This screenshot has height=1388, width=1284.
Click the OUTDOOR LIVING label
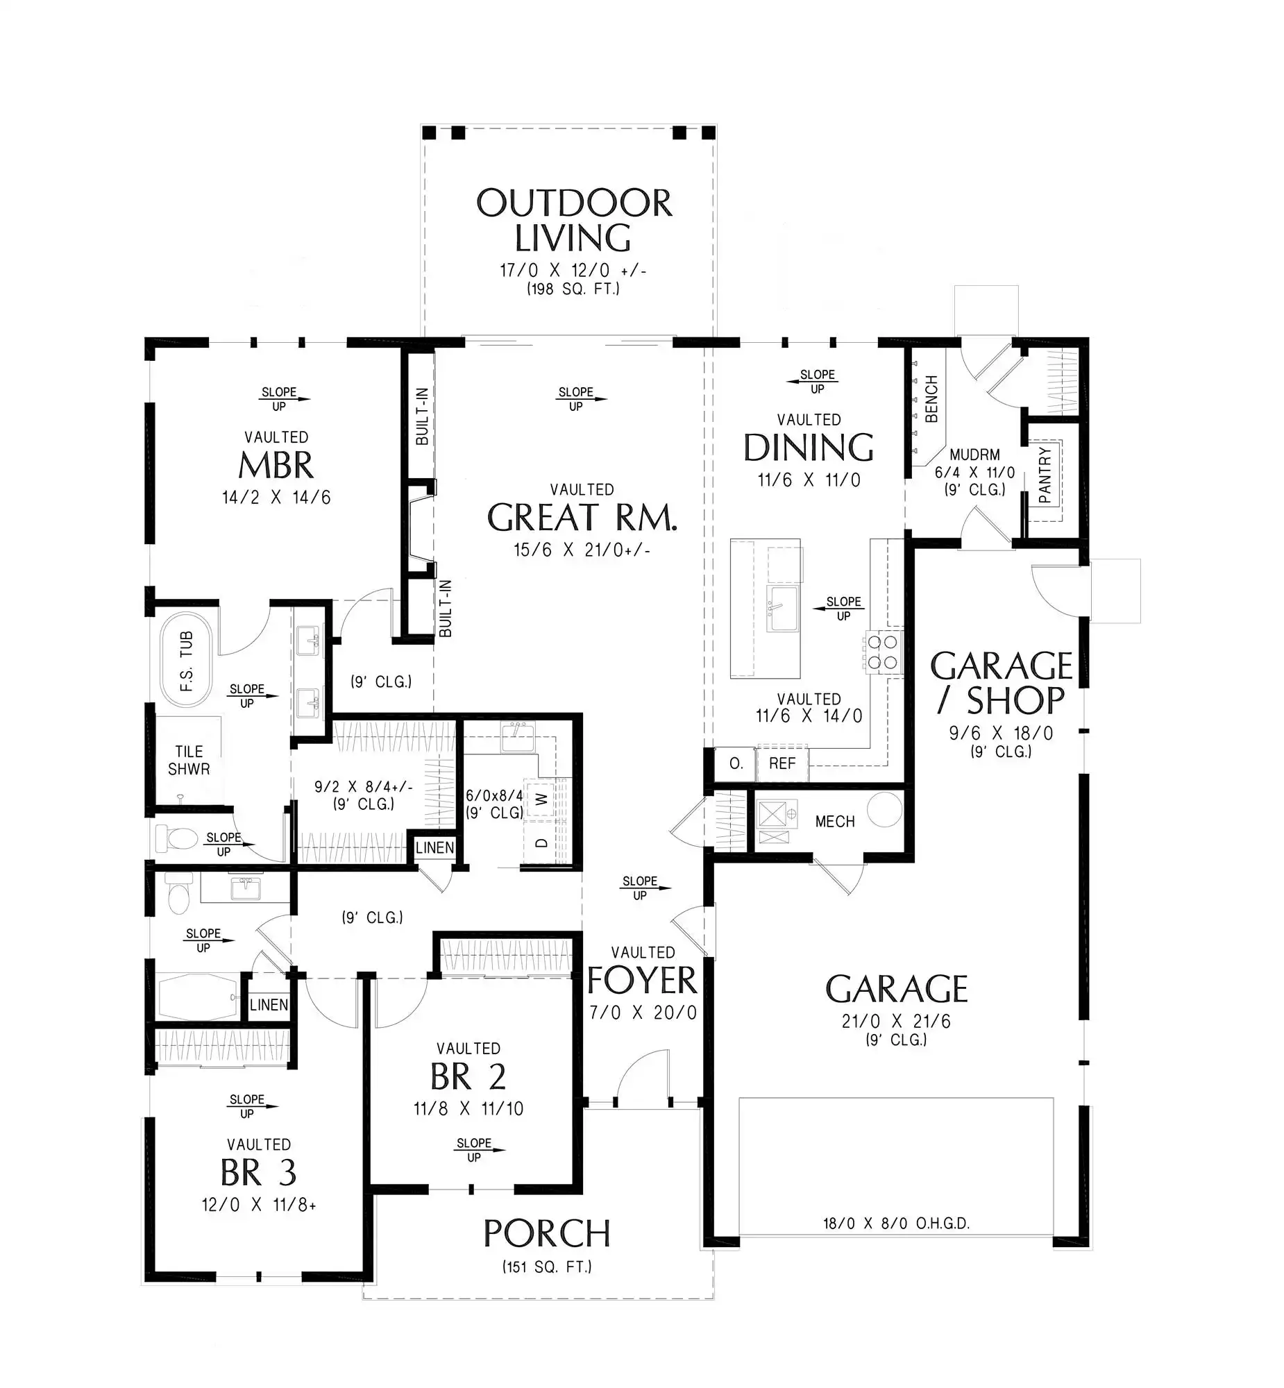tap(574, 220)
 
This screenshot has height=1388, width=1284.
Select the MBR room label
tap(276, 466)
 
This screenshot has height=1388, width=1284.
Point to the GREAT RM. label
tap(582, 517)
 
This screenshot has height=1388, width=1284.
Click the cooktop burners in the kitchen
tap(882, 652)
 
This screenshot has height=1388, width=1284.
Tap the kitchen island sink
tap(782, 608)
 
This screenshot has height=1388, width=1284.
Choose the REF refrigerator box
tap(782, 763)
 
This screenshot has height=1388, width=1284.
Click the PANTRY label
tap(1045, 475)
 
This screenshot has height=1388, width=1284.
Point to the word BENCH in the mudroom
tap(931, 399)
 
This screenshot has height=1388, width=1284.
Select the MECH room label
tap(834, 822)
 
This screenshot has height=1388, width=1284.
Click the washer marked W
tap(542, 799)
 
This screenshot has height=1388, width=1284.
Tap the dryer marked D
tap(542, 843)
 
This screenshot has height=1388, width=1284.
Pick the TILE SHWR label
tap(189, 760)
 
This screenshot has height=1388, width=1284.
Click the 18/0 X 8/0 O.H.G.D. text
tap(896, 1224)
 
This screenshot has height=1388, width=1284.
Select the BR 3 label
tap(258, 1173)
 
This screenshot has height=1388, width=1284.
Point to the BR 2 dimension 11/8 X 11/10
tap(468, 1109)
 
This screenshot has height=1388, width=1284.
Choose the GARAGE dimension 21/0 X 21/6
tap(896, 1021)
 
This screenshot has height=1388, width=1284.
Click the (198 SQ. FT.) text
tap(573, 289)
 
